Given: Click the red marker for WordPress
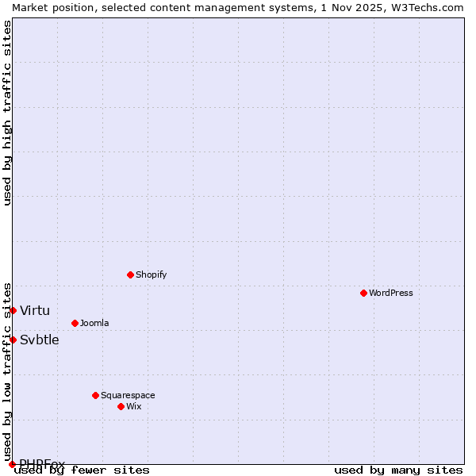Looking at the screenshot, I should click(363, 293).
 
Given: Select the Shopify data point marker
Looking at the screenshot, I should click(130, 274).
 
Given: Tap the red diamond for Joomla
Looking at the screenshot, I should click(75, 323).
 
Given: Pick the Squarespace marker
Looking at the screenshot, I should click(95, 395).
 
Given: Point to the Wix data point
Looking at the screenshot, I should click(121, 406).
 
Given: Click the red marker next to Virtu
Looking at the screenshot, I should click(13, 310).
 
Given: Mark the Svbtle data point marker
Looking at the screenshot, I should click(13, 340).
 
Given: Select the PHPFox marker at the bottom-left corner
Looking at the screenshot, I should click(12, 464).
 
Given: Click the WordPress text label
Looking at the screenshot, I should click(391, 293).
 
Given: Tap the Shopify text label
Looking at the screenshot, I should click(151, 274).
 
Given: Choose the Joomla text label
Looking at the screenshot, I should click(94, 323).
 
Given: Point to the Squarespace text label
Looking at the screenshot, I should click(128, 395).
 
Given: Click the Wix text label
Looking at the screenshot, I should click(133, 406).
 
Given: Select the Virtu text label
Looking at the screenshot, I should click(35, 310).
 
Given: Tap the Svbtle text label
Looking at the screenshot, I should click(40, 340).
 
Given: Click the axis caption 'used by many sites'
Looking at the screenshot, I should click(398, 470).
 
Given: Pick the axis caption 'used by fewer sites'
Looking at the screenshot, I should click(83, 470).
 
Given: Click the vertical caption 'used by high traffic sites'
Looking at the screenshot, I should click(7, 113).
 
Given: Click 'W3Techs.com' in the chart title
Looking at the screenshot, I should click(424, 7).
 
